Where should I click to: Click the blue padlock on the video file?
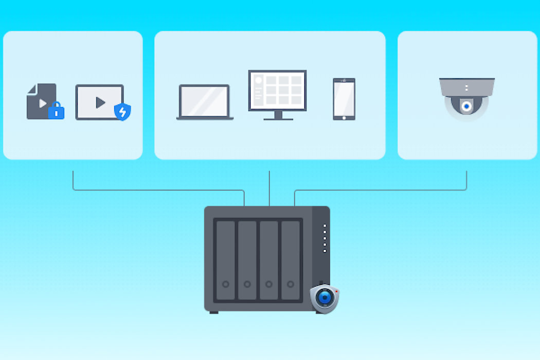click(x=56, y=111)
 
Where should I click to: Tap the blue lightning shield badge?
click(x=122, y=111)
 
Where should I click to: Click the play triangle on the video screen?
click(x=100, y=102)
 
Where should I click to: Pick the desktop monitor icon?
click(x=277, y=91)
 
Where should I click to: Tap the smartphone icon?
click(x=344, y=99)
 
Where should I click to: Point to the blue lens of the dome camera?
click(x=466, y=106)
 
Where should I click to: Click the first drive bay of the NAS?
click(x=225, y=260)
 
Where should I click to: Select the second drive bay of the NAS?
click(x=247, y=260)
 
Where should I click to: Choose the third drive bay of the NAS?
click(x=269, y=260)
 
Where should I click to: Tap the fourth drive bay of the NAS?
click(x=291, y=260)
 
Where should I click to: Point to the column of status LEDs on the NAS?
click(x=325, y=238)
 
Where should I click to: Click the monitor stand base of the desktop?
click(x=278, y=118)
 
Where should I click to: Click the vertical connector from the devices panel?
click(x=269, y=188)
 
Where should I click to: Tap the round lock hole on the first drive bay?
click(x=225, y=284)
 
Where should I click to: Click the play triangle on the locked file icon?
click(x=43, y=103)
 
